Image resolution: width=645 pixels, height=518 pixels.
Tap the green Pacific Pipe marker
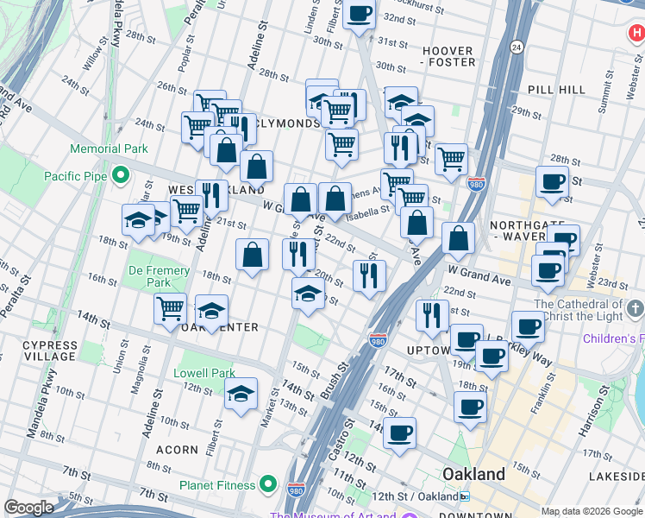tap(120, 176)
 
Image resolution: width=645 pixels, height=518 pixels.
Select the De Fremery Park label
tap(160, 276)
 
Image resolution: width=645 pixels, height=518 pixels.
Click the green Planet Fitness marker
tap(268, 484)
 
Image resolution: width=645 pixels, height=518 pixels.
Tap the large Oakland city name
tap(473, 474)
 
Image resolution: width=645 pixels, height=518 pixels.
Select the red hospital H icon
tap(636, 34)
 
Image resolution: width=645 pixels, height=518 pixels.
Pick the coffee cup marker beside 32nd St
tap(360, 14)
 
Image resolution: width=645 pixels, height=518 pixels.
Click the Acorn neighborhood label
tap(177, 450)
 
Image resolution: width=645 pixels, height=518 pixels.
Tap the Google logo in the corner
tap(28, 508)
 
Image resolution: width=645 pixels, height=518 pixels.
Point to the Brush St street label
tap(334, 380)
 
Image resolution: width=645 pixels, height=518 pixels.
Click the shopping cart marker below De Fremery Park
tap(170, 306)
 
